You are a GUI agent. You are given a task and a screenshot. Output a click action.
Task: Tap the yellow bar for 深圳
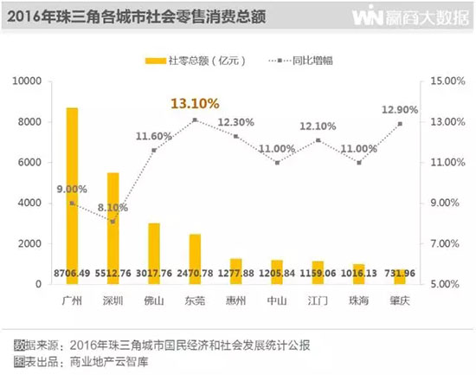click(x=113, y=225)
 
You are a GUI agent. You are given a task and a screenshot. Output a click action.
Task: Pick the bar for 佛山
click(x=153, y=251)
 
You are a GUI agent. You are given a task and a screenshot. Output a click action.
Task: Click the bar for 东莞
click(x=195, y=257)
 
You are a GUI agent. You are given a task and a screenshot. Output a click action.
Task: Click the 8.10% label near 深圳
click(x=110, y=207)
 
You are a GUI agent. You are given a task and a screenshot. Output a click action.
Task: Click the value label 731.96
click(x=400, y=275)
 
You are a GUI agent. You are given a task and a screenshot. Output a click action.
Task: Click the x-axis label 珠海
click(x=359, y=299)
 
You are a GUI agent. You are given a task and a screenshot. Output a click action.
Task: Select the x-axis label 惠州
click(x=235, y=299)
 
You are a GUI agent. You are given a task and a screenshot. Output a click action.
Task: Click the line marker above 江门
click(x=318, y=140)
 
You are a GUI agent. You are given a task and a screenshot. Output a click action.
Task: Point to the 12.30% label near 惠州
click(x=235, y=122)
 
